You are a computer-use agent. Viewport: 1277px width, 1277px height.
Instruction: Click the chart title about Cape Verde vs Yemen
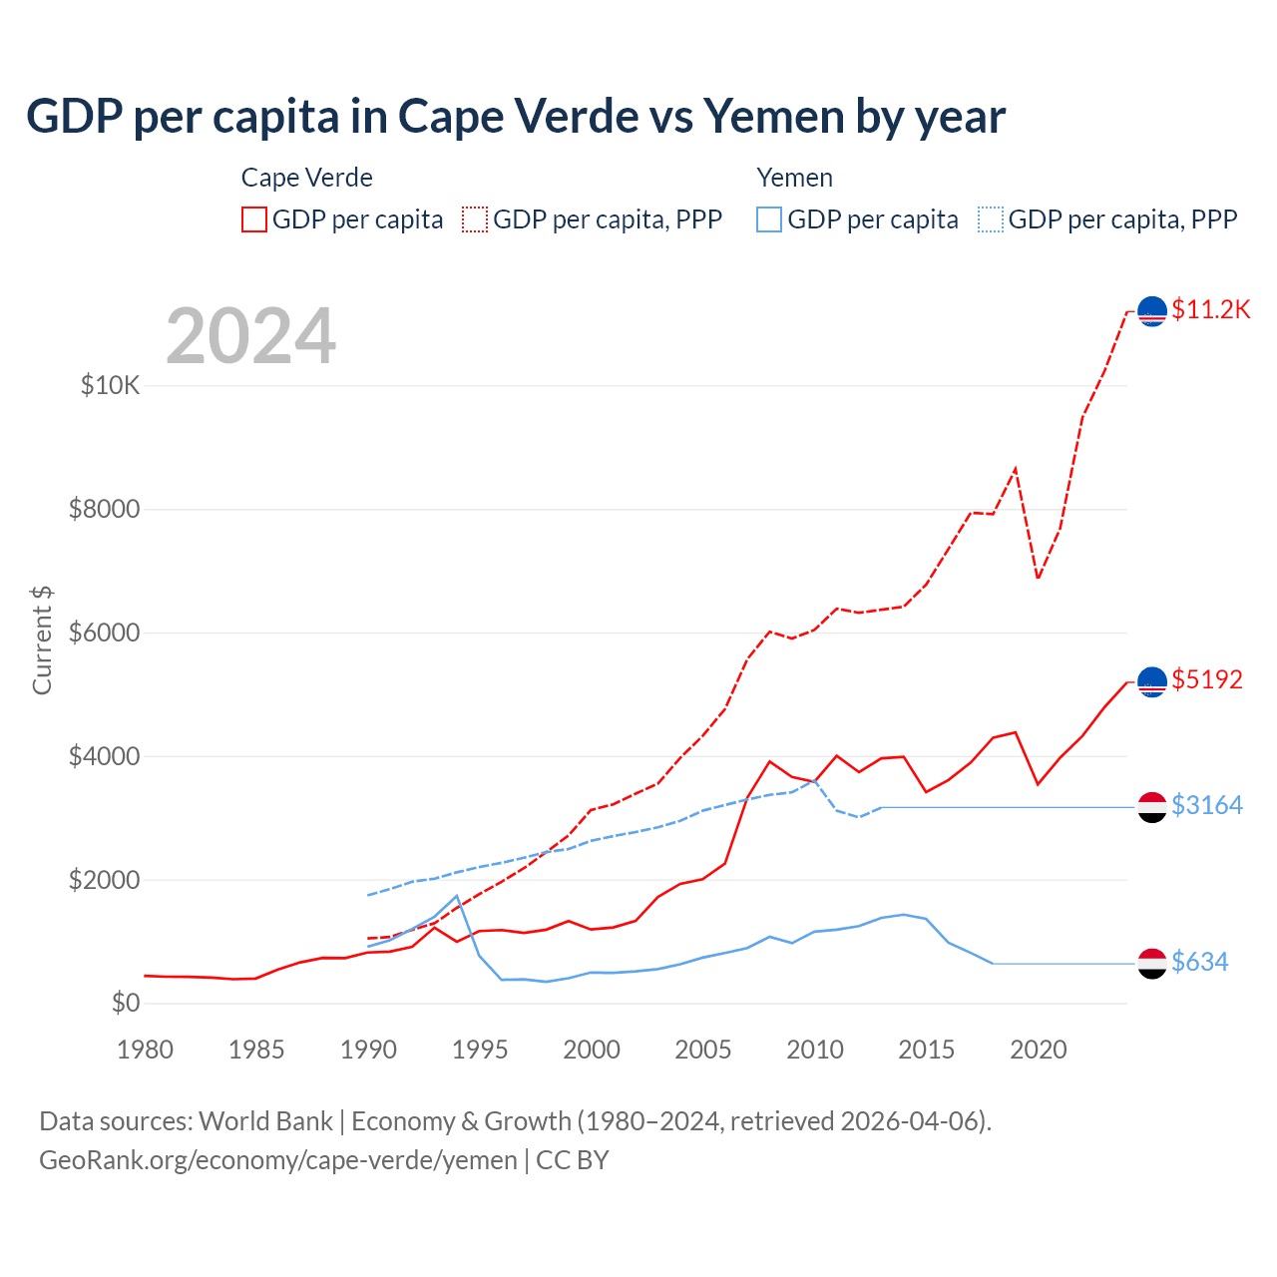[x=515, y=117]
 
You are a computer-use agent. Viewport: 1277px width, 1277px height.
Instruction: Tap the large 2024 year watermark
[x=250, y=336]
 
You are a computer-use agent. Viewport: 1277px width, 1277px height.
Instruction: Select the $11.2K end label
[x=1210, y=309]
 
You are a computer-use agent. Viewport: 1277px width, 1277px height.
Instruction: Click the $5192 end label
[x=1207, y=679]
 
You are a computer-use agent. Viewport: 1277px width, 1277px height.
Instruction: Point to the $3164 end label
[x=1207, y=805]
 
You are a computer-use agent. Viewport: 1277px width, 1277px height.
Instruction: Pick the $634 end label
[x=1199, y=962]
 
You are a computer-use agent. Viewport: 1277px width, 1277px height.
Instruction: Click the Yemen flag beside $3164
[x=1152, y=806]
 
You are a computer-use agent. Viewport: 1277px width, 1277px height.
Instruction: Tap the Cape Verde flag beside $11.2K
[x=1152, y=311]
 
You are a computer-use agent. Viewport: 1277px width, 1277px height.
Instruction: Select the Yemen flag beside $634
[x=1152, y=963]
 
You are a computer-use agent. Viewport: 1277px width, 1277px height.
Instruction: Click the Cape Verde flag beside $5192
[x=1152, y=681]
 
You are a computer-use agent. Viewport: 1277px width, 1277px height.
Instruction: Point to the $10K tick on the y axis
[x=110, y=385]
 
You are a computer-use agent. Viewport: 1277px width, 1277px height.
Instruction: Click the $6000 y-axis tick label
[x=104, y=633]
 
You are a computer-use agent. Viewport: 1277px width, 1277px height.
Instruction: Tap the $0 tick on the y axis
[x=125, y=1003]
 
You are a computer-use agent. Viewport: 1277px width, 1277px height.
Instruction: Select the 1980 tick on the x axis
[x=145, y=1050]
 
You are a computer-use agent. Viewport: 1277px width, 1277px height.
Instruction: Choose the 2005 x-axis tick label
[x=703, y=1050]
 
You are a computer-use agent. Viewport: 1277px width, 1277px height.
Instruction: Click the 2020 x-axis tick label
[x=1039, y=1050]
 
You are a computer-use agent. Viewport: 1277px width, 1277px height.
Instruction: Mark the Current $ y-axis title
[x=42, y=640]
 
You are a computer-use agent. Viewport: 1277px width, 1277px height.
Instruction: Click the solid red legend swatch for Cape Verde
[x=254, y=219]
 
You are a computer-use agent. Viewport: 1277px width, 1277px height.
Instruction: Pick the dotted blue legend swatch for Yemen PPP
[x=991, y=219]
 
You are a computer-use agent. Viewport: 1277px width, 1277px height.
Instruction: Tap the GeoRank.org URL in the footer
[x=278, y=1160]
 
